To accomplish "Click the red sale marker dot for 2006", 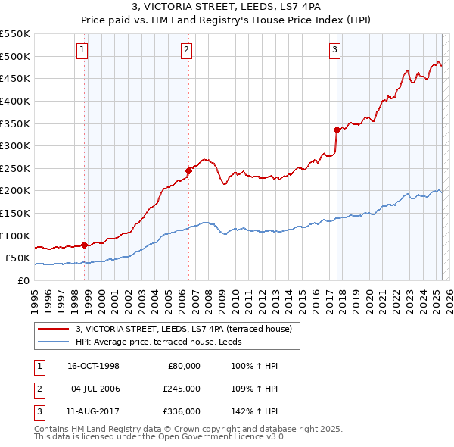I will click(188, 170).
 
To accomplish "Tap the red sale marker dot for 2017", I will click(337, 130).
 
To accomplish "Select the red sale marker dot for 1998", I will click(85, 245).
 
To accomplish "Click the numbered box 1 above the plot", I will click(82, 51).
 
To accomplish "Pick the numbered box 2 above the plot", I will click(186, 51).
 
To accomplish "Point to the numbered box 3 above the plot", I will click(334, 51).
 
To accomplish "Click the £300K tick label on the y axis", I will click(15, 145).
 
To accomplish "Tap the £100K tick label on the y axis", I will click(15, 236).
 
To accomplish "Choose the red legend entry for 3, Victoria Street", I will click(188, 328).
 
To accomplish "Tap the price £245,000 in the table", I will click(182, 389).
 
